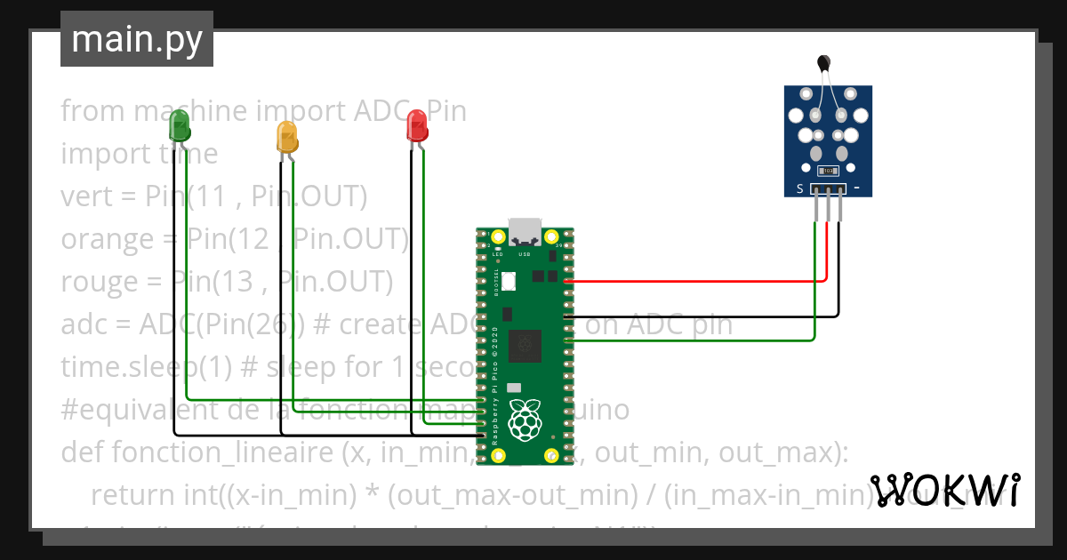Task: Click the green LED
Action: (180, 126)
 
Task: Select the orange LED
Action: (286, 137)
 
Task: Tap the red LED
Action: (416, 126)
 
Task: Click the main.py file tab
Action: (137, 39)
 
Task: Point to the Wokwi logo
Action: (943, 490)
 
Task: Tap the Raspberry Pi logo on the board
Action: (525, 420)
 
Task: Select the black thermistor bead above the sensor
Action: (824, 62)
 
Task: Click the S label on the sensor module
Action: (800, 188)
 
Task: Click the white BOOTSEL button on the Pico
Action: (509, 282)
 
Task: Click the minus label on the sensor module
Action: (856, 188)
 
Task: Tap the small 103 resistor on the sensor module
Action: (827, 171)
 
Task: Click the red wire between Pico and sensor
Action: (694, 281)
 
